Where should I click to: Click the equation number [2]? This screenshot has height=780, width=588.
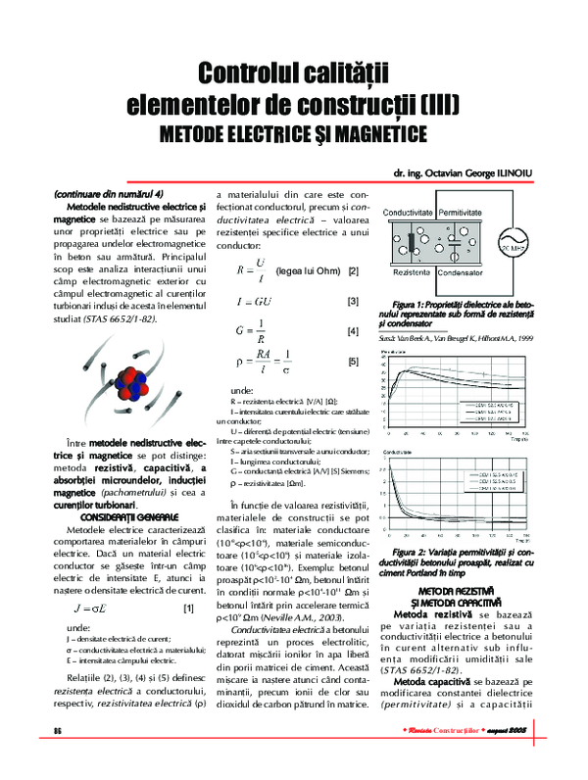pyautogui.click(x=353, y=269)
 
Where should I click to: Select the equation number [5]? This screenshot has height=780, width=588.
pyautogui.click(x=353, y=362)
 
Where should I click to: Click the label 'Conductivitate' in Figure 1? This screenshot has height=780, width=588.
pyautogui.click(x=409, y=212)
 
